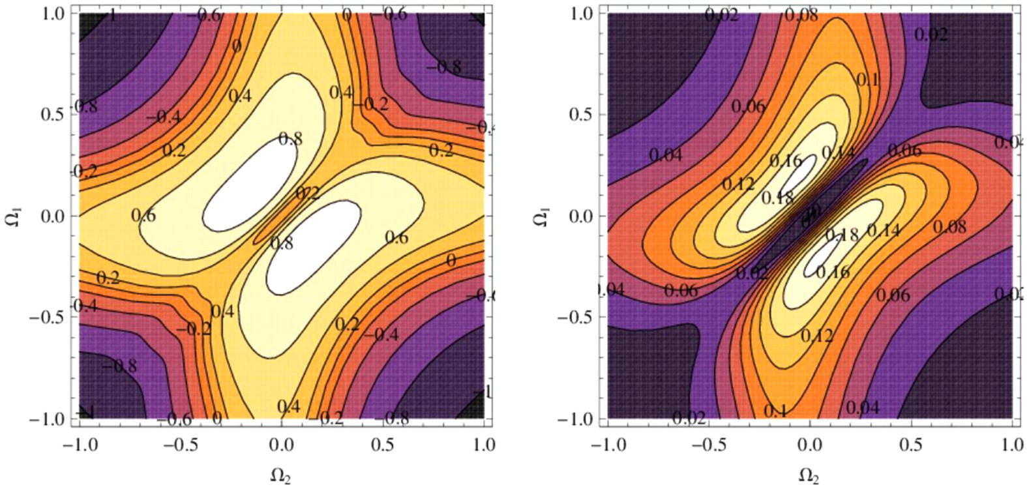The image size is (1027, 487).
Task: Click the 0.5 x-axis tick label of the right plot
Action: [911, 445]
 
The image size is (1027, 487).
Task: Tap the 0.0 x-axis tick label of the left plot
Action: [281, 445]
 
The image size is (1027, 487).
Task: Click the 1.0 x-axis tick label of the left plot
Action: [483, 445]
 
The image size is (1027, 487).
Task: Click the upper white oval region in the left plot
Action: [248, 190]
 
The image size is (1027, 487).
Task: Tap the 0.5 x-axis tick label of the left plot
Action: [382, 445]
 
